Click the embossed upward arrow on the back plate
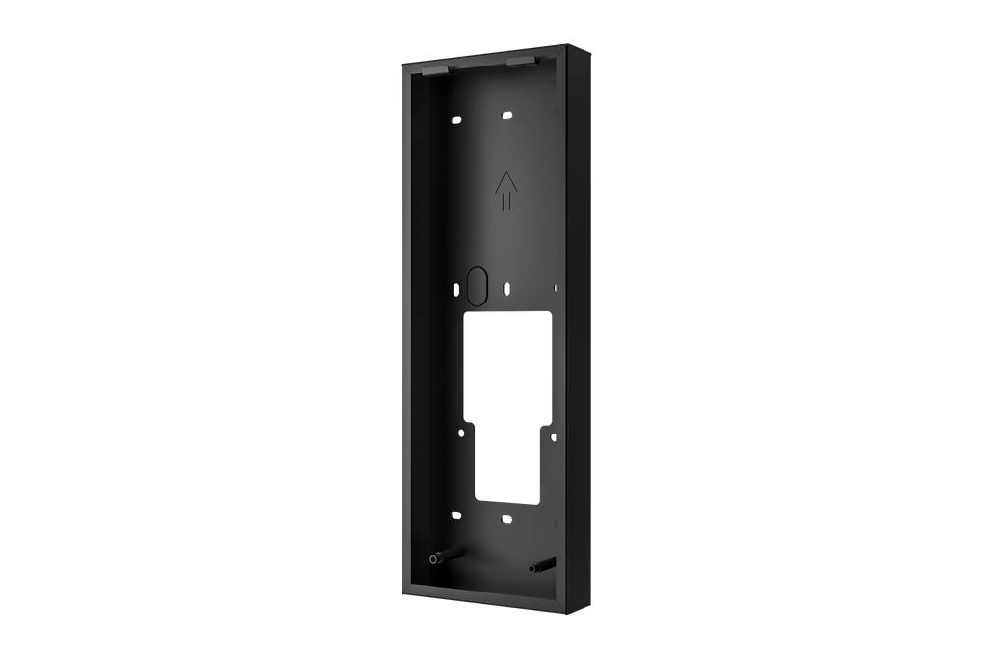[x=504, y=191]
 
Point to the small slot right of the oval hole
[x=507, y=287]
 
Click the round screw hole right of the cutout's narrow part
[x=553, y=439]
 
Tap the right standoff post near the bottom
[x=541, y=566]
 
